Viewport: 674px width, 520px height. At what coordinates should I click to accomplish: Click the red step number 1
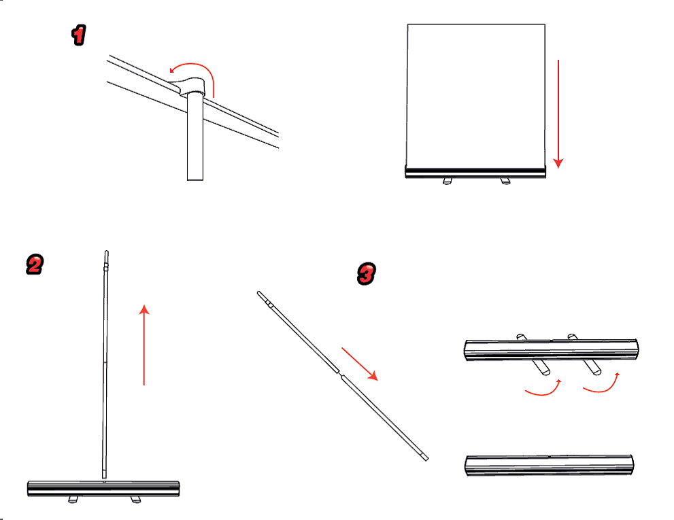(x=79, y=35)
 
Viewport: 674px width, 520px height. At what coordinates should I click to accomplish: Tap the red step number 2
(x=35, y=264)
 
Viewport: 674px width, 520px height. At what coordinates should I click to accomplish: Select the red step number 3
(x=366, y=274)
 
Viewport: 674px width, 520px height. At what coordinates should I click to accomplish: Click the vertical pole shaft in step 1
(x=195, y=137)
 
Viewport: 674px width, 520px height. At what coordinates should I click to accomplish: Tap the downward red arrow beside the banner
(x=558, y=114)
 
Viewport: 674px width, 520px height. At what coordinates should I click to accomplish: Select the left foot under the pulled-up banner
(x=448, y=181)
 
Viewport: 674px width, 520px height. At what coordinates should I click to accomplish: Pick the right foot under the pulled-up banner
(x=505, y=181)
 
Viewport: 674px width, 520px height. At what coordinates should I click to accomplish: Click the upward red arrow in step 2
(x=144, y=345)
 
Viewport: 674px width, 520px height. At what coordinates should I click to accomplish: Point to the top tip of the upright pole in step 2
(x=107, y=252)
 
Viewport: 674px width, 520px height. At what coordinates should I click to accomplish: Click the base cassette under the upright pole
(x=103, y=489)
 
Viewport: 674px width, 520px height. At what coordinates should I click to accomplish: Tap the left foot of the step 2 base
(x=73, y=500)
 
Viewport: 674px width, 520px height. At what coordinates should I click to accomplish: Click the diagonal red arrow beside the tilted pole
(x=360, y=364)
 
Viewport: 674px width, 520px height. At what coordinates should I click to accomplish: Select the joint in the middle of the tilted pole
(x=340, y=373)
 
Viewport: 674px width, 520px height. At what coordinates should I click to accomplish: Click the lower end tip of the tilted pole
(x=426, y=458)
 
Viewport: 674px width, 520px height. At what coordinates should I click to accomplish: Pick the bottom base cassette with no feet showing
(x=550, y=465)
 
